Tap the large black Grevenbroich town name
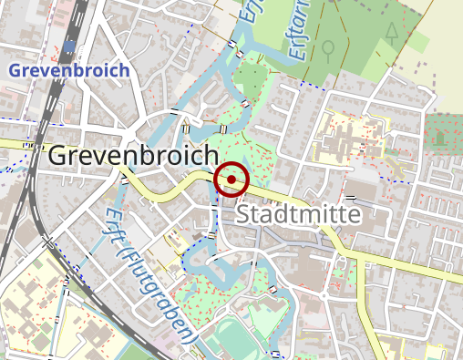click(133, 156)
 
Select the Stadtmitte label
click(299, 215)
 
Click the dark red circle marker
click(231, 180)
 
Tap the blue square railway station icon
click(69, 45)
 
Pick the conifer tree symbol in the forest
click(392, 34)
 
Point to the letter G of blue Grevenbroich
click(14, 70)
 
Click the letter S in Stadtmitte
click(243, 216)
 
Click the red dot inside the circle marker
click(231, 180)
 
